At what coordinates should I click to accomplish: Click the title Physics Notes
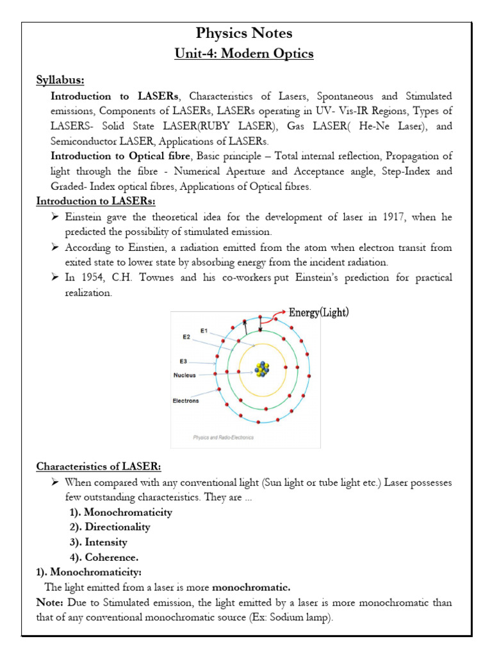245,33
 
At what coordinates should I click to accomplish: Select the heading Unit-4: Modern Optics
245,54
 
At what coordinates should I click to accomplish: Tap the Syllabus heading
60,80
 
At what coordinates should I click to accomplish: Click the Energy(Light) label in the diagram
319,312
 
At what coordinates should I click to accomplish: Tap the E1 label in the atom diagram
204,331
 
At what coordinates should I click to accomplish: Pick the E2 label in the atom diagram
186,336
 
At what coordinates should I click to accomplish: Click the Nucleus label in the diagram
186,375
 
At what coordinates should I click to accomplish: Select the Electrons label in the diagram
186,401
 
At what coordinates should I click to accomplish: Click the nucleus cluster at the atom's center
262,370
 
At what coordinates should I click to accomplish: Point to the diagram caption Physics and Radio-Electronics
224,438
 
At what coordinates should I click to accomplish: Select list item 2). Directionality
110,527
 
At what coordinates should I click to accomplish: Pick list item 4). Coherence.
104,557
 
